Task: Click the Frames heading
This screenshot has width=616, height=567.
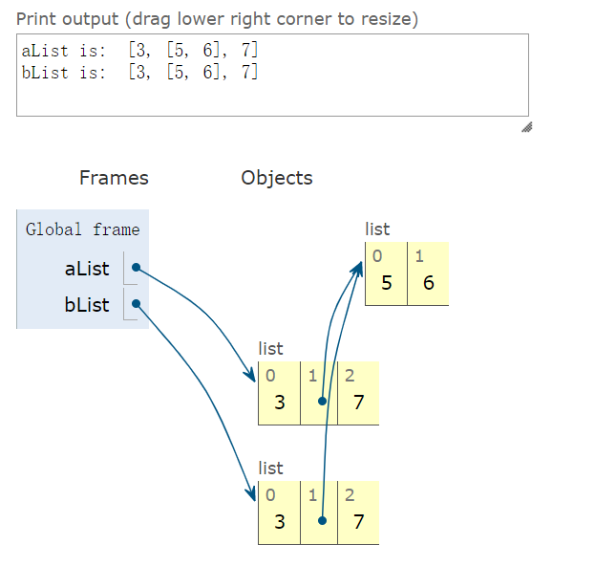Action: pos(114,178)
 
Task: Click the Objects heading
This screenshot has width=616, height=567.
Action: pos(277,178)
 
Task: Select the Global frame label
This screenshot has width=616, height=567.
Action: pos(82,229)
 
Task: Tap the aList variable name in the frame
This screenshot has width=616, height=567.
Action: pos(87,269)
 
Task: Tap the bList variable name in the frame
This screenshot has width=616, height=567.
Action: pos(87,305)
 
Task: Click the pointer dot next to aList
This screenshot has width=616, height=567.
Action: pos(137,268)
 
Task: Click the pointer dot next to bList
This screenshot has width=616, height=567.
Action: pos(137,305)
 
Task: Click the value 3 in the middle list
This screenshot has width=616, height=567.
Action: pos(279,403)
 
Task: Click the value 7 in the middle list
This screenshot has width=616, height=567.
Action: pos(358,403)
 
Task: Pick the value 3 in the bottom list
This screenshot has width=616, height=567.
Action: pos(279,522)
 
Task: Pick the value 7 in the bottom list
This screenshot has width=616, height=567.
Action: pos(358,522)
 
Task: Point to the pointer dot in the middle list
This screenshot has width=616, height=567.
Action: pos(323,402)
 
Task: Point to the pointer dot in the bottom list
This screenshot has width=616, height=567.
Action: pos(323,521)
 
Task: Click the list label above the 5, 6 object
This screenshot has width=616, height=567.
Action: pos(377,229)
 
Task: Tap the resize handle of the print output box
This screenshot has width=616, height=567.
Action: pos(525,127)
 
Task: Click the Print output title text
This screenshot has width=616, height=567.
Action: pos(217,19)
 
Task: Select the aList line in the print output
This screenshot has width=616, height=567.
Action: pos(139,51)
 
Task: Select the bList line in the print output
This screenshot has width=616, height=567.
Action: pos(139,72)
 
